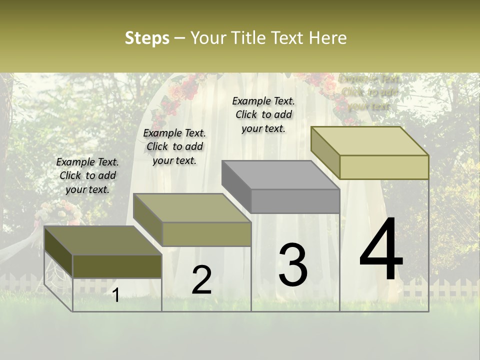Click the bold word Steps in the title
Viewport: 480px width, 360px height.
pyautogui.click(x=147, y=38)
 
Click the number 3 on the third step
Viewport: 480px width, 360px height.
pyautogui.click(x=293, y=264)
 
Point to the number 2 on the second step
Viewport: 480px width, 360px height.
pyautogui.click(x=201, y=280)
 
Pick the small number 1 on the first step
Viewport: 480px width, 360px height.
pyautogui.click(x=116, y=295)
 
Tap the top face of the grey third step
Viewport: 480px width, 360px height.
pyautogui.click(x=280, y=175)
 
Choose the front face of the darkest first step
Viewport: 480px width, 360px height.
pyautogui.click(x=117, y=266)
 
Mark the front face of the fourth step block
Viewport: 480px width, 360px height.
pyautogui.click(x=384, y=167)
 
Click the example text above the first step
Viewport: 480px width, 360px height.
pyautogui.click(x=87, y=176)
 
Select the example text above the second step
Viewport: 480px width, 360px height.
pyautogui.click(x=174, y=146)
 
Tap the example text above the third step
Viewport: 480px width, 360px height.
pyautogui.click(x=263, y=114)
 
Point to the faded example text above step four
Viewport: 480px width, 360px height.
pyautogui.click(x=369, y=92)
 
